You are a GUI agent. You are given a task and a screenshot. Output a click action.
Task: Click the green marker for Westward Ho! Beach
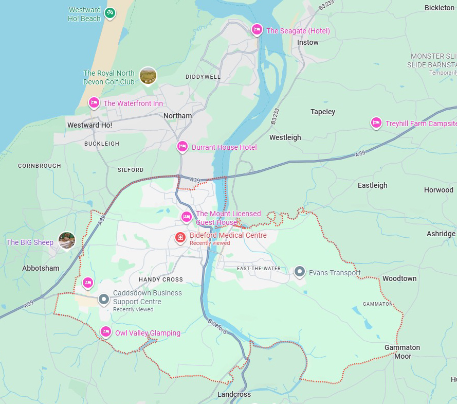tap(109, 13)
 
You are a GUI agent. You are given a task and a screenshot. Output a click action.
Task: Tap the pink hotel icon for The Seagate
tap(257, 30)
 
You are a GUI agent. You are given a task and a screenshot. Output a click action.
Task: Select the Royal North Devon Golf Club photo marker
tap(148, 76)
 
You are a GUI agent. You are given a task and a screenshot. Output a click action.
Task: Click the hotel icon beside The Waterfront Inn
tap(94, 102)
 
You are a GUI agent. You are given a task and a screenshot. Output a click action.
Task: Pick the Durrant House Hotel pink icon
tap(182, 147)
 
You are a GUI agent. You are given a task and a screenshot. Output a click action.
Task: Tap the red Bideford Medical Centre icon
tap(180, 237)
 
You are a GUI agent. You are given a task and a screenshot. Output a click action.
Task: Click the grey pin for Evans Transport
tap(300, 272)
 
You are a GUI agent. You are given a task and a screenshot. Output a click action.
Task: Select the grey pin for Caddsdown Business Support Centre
tap(104, 299)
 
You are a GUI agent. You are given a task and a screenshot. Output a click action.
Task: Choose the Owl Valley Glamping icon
tap(106, 331)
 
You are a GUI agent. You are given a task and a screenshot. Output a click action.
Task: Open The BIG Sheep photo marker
tap(67, 240)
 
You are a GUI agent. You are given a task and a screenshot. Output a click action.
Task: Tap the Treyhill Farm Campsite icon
tap(376, 122)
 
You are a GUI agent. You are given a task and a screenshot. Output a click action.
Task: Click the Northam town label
tap(177, 116)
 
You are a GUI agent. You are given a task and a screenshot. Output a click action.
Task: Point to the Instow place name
tap(308, 42)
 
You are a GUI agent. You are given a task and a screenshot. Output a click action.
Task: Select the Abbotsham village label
tap(41, 268)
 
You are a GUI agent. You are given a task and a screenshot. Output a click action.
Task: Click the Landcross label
tap(234, 394)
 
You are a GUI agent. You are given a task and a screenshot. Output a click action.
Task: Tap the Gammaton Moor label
tap(402, 352)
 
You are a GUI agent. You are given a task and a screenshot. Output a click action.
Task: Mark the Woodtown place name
tap(399, 278)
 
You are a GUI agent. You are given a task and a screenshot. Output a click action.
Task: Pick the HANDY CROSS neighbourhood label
tap(161, 279)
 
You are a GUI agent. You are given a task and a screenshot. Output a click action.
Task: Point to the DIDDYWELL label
tap(203, 77)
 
